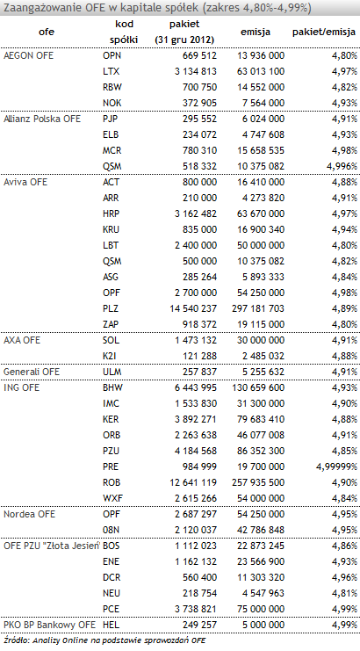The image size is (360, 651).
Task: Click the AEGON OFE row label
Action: [28, 55]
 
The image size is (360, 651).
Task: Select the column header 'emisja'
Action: [256, 32]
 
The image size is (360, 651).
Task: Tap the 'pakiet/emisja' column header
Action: [324, 32]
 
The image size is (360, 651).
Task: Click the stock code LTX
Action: [111, 71]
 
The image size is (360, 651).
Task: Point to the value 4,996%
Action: [342, 167]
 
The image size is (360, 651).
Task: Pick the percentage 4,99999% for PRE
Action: [336, 467]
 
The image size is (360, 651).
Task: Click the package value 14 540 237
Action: [193, 308]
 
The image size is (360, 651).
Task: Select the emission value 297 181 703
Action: [258, 308]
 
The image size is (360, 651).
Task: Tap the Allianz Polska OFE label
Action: [42, 119]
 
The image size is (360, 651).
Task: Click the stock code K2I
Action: [110, 356]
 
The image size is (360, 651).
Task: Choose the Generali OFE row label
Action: [32, 372]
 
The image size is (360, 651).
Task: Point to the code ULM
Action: [112, 372]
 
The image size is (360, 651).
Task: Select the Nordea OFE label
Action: [29, 514]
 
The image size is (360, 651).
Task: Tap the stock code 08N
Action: [112, 530]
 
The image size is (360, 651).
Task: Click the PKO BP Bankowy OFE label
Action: [49, 625]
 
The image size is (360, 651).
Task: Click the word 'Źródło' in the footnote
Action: [14, 640]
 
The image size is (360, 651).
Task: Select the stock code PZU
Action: [112, 451]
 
